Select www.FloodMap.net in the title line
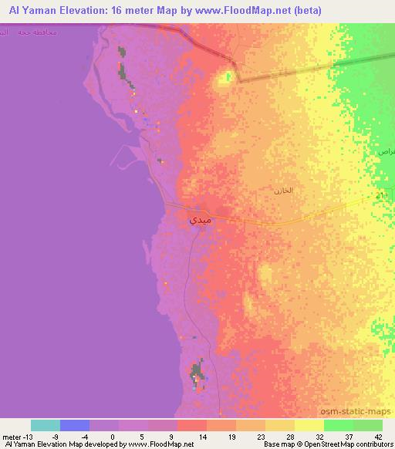pyautogui.click(x=245, y=10)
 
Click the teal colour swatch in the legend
pyautogui.click(x=46, y=425)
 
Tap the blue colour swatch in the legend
pyautogui.click(x=75, y=425)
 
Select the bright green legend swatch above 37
pyautogui.click(x=339, y=425)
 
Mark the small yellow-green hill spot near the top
pyautogui.click(x=227, y=77)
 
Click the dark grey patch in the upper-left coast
pyautogui.click(x=123, y=69)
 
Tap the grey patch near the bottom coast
pyautogui.click(x=198, y=373)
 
